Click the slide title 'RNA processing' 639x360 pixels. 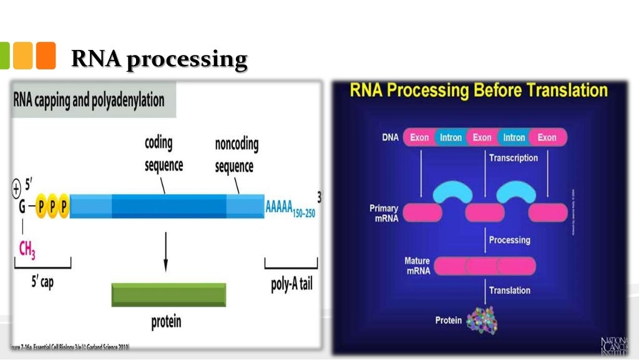coord(159,59)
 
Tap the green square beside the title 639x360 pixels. coord(4,56)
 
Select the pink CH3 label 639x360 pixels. coord(27,250)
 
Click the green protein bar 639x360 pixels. coord(168,294)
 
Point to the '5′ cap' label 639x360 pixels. coord(42,282)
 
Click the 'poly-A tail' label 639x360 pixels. coord(291,285)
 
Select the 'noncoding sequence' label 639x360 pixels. coord(237,155)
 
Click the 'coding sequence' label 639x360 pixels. coord(164,153)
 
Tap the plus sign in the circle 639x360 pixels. coord(16,187)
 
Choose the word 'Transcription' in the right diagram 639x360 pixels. coord(513,158)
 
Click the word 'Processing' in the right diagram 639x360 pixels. coord(509,240)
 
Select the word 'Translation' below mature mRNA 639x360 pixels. coord(509,290)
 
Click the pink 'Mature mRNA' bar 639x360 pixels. coord(485,266)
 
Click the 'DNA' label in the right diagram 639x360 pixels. coord(390,137)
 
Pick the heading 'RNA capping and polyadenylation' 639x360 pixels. coord(89,100)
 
